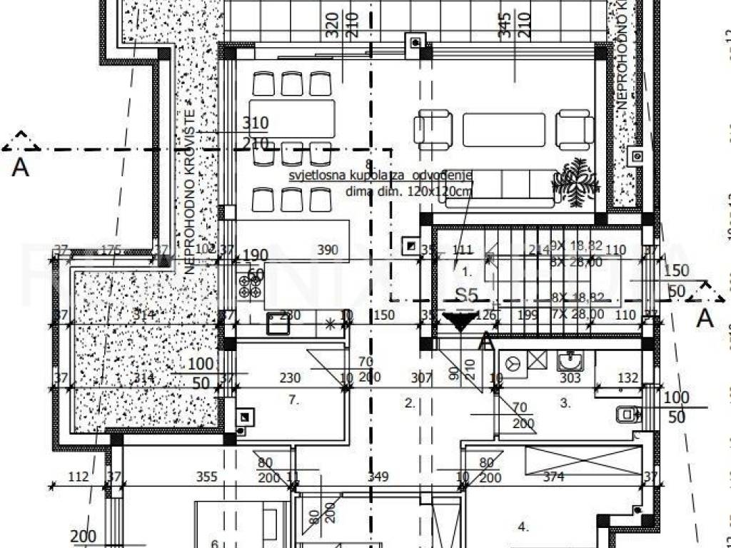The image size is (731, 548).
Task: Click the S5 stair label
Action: tap(467, 295)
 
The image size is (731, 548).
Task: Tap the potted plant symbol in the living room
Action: tap(575, 182)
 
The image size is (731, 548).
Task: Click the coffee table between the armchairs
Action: tap(504, 129)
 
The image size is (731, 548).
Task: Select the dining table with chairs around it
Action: tap(293, 119)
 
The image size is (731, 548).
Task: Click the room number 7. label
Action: tap(293, 400)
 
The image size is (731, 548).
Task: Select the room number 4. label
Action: tap(523, 527)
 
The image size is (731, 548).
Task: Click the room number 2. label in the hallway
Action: tap(410, 403)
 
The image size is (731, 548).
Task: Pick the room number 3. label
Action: tap(565, 403)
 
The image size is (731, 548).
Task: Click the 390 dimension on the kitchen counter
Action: tap(308, 250)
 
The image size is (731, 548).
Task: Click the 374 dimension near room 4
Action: tap(554, 477)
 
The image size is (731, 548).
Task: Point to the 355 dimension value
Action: tap(206, 477)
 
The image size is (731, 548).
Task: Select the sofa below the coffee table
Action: tap(500, 187)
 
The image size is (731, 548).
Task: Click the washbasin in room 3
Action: tap(570, 362)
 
